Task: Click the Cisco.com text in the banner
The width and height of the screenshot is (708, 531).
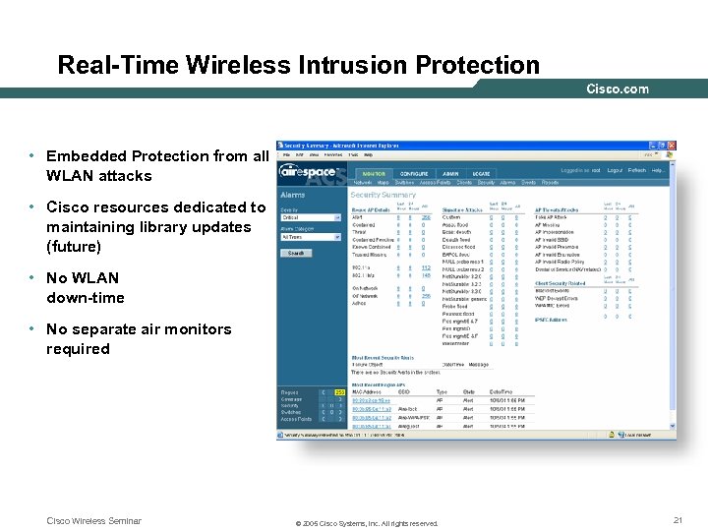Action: [x=618, y=89]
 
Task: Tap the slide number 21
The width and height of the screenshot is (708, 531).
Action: [x=678, y=520]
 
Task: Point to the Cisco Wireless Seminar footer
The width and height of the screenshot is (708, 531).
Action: [x=93, y=521]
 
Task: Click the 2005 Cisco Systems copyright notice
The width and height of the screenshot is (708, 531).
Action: [x=367, y=524]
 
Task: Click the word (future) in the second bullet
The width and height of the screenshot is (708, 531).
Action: [x=74, y=246]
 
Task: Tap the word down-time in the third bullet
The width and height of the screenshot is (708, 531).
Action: [x=86, y=298]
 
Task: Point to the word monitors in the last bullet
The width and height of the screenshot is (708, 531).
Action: [x=199, y=329]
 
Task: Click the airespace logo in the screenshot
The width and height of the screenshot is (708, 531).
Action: [x=309, y=171]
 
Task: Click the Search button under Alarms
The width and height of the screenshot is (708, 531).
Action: [x=295, y=253]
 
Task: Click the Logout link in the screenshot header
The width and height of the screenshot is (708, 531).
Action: [x=615, y=170]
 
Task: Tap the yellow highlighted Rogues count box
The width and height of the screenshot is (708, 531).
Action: [x=341, y=392]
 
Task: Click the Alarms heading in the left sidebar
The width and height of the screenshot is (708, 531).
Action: [x=293, y=195]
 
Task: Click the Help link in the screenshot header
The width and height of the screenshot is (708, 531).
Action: [x=658, y=170]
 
